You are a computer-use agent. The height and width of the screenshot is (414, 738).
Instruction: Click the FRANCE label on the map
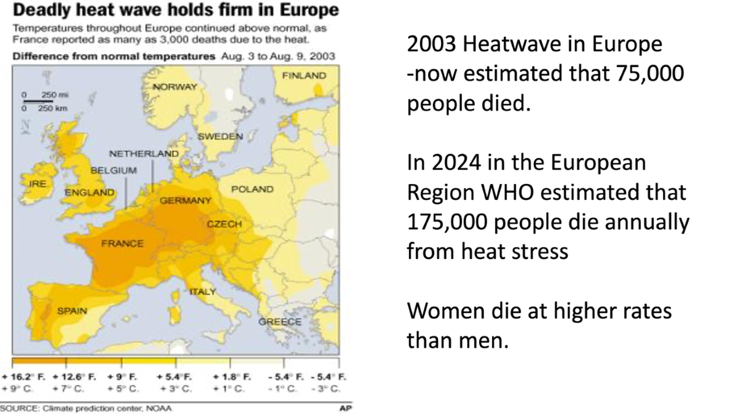[x=122, y=244]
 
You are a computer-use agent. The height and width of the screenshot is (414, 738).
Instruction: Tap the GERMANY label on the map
[x=185, y=201]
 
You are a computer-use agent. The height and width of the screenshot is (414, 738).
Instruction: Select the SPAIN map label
[x=72, y=311]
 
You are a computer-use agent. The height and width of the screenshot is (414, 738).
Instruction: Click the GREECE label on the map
[x=280, y=322]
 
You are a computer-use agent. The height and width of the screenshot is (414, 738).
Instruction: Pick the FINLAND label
[x=304, y=75]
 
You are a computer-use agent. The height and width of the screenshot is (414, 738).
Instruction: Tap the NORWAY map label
[x=175, y=87]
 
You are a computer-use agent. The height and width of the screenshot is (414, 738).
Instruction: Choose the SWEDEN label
[x=221, y=137]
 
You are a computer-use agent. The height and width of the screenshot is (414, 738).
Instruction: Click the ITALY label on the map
[x=202, y=292]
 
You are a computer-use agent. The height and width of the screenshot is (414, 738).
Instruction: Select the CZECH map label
[x=224, y=224]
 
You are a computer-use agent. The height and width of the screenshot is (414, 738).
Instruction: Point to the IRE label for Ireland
[x=38, y=183]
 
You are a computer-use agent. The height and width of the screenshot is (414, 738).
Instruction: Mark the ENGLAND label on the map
[x=90, y=193]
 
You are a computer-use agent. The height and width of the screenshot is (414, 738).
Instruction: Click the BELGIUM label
[x=114, y=169]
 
